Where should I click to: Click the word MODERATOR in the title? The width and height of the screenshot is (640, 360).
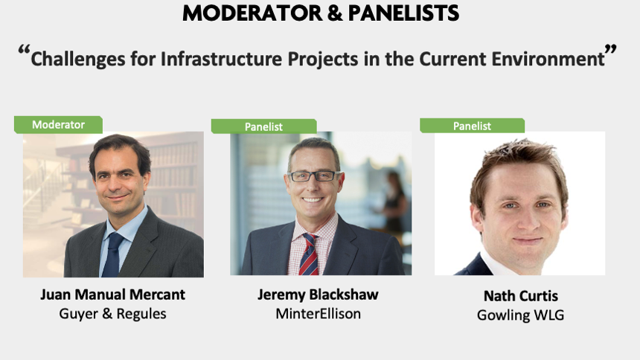point(252,13)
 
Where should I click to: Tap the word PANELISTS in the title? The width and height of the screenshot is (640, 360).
point(403,13)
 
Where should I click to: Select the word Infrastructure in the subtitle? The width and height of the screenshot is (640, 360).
point(221,59)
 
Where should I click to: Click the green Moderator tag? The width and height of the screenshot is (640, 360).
point(58,124)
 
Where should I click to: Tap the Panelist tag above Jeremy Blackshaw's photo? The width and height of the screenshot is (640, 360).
point(263,126)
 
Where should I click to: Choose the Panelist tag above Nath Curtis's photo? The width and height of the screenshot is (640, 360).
point(472,126)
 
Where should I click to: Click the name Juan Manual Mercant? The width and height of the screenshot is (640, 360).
point(112,295)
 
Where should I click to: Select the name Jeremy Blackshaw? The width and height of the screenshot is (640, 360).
point(318,295)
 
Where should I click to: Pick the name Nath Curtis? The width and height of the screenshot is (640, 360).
point(520,295)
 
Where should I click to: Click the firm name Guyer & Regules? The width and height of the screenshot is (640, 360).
point(112,313)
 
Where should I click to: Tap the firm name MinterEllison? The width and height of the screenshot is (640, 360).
point(318,313)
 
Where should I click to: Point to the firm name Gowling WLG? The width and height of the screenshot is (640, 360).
point(520,315)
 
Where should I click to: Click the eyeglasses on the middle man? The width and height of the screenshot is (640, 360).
point(314,176)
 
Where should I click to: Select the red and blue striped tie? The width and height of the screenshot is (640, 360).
point(309,254)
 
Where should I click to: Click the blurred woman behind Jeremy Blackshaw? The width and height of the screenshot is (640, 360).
point(393,201)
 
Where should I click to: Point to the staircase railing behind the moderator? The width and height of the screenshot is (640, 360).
point(41,184)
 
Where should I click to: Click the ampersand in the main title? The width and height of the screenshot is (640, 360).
point(335,13)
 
